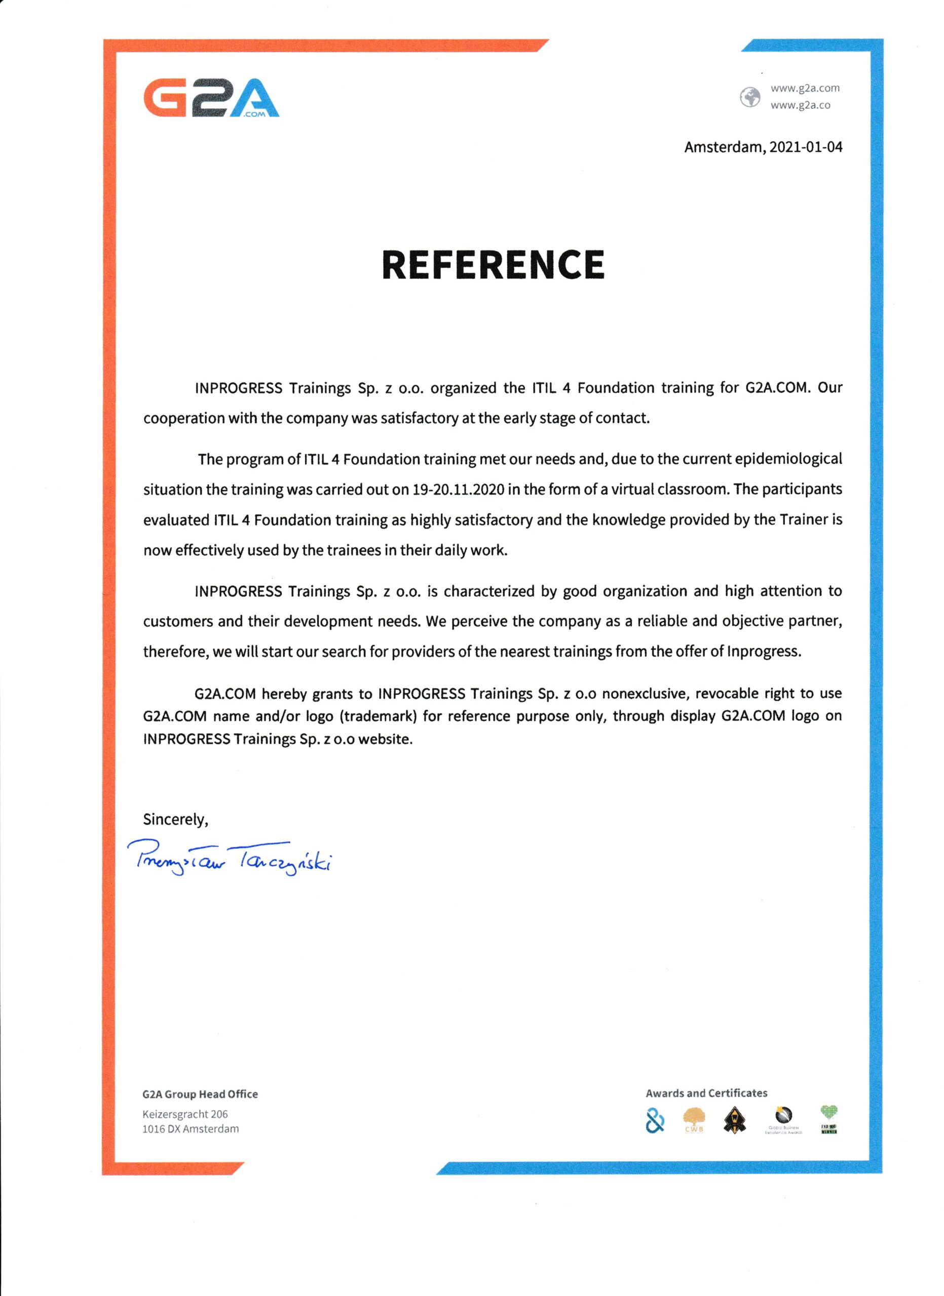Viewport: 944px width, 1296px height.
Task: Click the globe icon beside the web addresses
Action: (749, 97)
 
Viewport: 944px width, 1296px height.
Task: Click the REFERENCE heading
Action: (493, 265)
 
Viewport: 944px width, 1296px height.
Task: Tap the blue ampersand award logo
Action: (655, 1121)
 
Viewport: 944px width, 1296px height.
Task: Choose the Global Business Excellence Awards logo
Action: (783, 1120)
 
